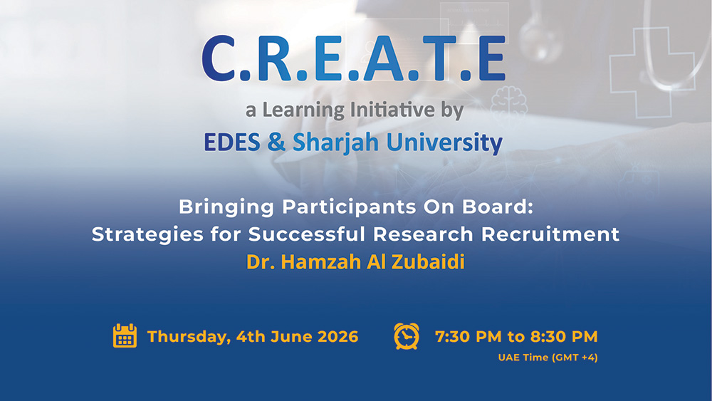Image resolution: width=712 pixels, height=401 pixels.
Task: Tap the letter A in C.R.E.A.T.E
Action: point(384,58)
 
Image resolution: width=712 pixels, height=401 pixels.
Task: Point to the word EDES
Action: point(232,142)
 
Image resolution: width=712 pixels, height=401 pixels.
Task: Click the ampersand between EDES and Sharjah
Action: point(276,142)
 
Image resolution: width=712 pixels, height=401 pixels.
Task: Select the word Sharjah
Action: point(335,143)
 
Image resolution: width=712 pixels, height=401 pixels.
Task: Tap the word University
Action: point(444,143)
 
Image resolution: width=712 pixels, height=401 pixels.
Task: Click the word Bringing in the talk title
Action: point(226,207)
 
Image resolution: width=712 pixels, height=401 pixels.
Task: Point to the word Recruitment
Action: point(550,234)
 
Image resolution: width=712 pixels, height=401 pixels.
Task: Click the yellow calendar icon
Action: point(125,336)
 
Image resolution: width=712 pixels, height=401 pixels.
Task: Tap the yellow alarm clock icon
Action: point(407,336)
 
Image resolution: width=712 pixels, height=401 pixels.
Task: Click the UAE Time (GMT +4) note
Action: point(548,358)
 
